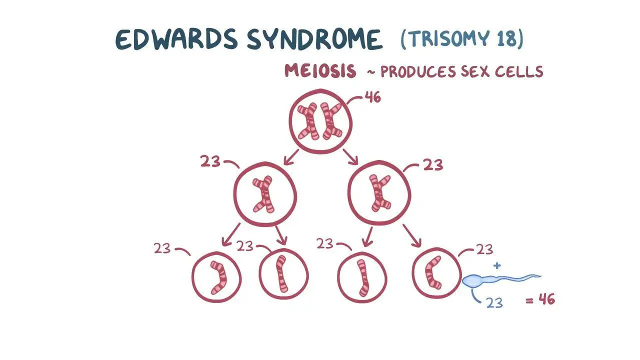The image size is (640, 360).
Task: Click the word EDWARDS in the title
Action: click(x=176, y=39)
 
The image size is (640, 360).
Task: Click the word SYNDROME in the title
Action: click(x=314, y=39)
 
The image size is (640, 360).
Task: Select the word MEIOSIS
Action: click(x=320, y=70)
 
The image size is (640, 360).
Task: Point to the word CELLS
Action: click(x=519, y=71)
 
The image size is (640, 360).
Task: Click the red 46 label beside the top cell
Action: click(x=373, y=97)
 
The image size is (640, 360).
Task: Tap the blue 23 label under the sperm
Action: click(x=494, y=302)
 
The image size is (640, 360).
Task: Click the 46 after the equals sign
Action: click(x=546, y=299)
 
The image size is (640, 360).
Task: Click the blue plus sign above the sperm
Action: click(x=497, y=265)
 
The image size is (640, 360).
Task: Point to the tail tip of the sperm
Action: click(x=540, y=276)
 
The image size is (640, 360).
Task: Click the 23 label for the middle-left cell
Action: click(x=210, y=161)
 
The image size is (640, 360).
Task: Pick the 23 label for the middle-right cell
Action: click(x=433, y=165)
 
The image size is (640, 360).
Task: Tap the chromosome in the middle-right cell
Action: click(x=379, y=193)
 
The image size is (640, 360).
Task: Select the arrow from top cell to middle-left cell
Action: click(x=291, y=157)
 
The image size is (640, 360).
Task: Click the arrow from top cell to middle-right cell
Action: click(x=350, y=157)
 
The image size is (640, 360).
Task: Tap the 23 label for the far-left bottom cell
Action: click(x=162, y=248)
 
